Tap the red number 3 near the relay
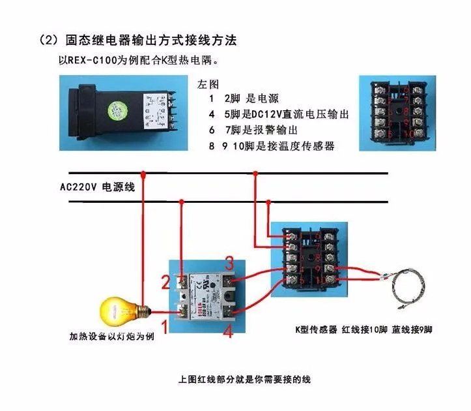(x=229, y=263)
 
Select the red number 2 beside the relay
(x=165, y=282)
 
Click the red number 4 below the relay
(x=228, y=331)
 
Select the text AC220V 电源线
(x=97, y=187)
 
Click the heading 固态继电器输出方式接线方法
(x=142, y=40)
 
